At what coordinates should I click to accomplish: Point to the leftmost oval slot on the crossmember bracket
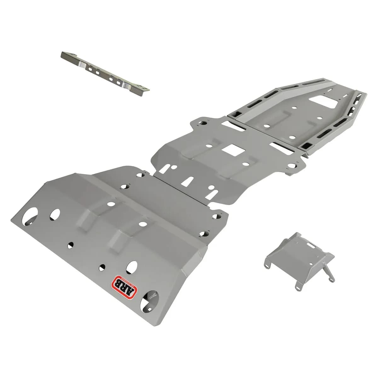pyautogui.click(x=90, y=67)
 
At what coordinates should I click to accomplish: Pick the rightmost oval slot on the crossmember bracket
pyautogui.click(x=118, y=83)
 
